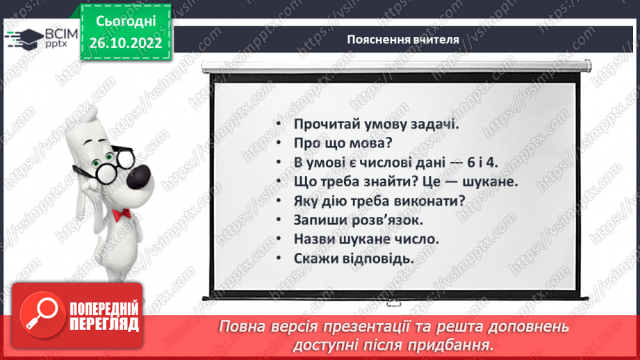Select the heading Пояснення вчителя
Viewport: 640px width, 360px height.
402,40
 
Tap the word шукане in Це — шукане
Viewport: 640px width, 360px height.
489,182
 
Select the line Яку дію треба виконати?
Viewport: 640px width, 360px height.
379,201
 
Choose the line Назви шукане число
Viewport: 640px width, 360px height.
367,239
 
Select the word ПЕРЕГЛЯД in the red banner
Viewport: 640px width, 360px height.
104,325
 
